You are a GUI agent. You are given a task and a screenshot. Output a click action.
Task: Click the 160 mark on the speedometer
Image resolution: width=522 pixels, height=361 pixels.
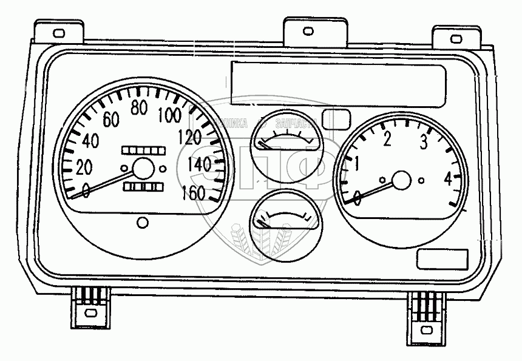(x=193, y=193)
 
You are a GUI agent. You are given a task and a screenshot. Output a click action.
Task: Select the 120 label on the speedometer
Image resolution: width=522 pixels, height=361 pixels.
(x=191, y=137)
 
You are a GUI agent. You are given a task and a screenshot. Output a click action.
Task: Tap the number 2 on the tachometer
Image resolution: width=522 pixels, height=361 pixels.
(x=388, y=140)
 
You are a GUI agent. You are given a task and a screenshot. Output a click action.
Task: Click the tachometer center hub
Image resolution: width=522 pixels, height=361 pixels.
(x=401, y=180)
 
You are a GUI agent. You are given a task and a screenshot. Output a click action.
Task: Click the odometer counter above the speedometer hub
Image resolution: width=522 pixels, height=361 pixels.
(x=143, y=149)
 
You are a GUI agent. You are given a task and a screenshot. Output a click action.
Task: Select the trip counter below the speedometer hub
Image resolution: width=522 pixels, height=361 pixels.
(x=143, y=187)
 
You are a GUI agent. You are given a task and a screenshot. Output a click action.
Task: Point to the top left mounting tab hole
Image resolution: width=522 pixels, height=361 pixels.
(x=59, y=33)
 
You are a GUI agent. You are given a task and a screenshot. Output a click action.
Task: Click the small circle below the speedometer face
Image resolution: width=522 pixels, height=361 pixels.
(x=143, y=222)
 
